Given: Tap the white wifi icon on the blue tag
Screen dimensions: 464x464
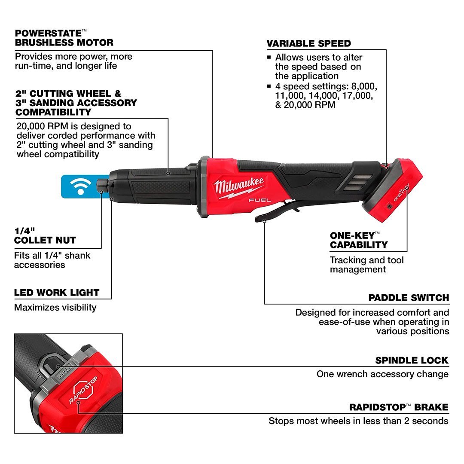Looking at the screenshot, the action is click(x=80, y=187).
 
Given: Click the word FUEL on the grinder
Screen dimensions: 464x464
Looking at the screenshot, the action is click(x=260, y=200).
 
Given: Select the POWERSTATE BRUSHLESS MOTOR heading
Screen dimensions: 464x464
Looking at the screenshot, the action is click(x=64, y=38).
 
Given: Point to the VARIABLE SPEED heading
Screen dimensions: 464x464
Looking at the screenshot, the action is click(x=308, y=43).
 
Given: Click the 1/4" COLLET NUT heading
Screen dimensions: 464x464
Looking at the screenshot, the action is click(x=45, y=236).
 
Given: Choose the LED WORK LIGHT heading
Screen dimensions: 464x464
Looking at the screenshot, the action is click(x=57, y=293).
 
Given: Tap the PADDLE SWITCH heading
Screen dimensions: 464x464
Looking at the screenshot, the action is click(x=409, y=298).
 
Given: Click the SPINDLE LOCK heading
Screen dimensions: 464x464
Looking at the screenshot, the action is click(x=412, y=360).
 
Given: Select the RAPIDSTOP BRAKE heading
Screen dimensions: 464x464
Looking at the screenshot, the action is click(x=399, y=407).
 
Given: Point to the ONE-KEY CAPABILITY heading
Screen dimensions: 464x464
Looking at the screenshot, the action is click(x=359, y=240).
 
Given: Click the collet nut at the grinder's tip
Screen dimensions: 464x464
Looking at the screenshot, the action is click(x=102, y=186).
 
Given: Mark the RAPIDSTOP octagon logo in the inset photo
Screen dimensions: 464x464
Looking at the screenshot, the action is click(x=83, y=389).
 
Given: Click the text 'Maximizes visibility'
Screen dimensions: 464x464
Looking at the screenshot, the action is click(x=55, y=308).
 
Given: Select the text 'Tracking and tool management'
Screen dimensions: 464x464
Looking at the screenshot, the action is click(x=366, y=265).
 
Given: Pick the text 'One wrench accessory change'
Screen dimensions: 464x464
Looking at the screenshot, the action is click(x=382, y=374).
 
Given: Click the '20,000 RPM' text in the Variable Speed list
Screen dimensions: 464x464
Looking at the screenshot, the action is click(x=309, y=105).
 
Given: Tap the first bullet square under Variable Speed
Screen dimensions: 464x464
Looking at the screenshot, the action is click(x=269, y=58).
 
